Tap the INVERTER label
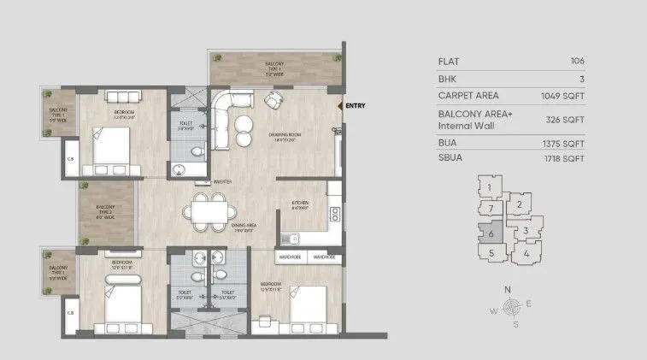tap(224, 181)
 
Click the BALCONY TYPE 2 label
tap(105, 210)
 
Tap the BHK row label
tap(447, 78)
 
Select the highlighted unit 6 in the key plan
tap(491, 233)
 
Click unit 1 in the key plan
tap(490, 187)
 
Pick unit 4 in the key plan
tap(526, 253)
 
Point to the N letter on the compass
tap(508, 290)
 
